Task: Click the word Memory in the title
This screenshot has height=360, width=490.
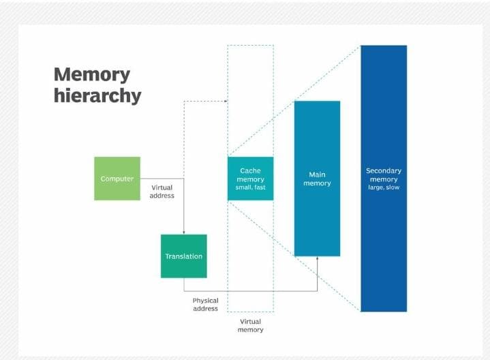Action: (x=91, y=74)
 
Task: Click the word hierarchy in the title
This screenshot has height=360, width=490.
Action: (x=97, y=95)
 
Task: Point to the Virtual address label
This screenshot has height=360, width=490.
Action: (x=162, y=192)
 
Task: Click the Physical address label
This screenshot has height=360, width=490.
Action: (x=205, y=304)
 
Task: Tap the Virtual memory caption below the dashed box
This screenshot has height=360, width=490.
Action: (x=250, y=325)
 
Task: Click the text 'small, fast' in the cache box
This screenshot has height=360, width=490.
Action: (x=250, y=187)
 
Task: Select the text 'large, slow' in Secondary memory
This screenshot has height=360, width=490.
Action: (x=384, y=187)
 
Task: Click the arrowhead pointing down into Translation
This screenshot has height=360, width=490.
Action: (x=184, y=232)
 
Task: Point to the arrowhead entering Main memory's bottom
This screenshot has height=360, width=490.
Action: (x=318, y=259)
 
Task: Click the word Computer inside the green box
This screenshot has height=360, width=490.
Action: (x=117, y=179)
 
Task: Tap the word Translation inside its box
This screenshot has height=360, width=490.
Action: (x=183, y=256)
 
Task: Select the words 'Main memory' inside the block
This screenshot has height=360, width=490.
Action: (x=317, y=179)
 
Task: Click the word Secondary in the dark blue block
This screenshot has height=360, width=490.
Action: (x=384, y=170)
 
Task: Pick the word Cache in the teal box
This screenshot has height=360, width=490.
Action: (x=250, y=170)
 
